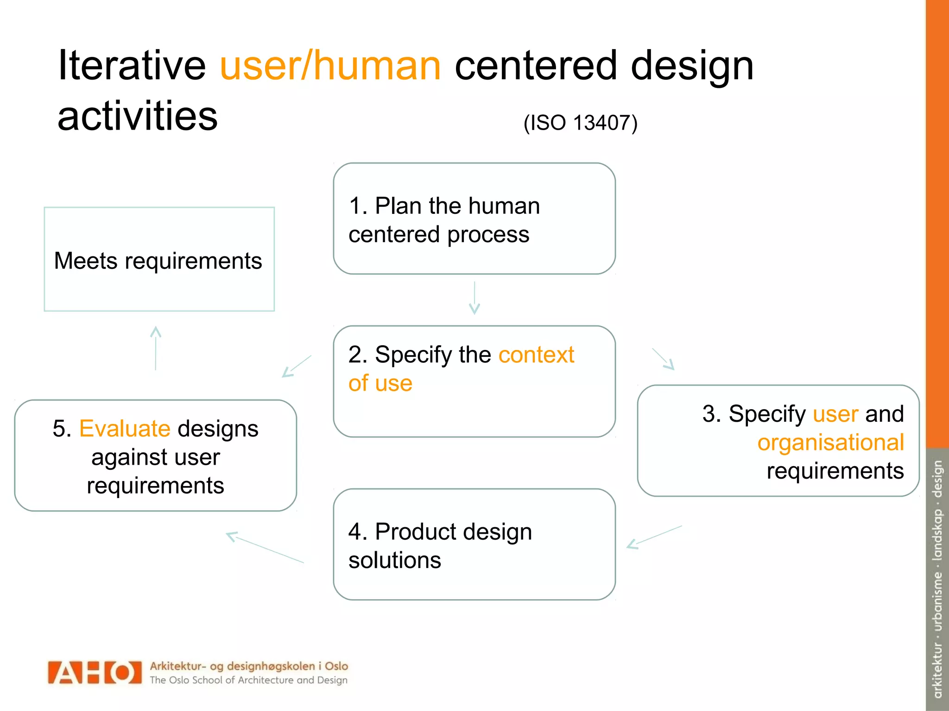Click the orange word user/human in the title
pyautogui.click(x=330, y=66)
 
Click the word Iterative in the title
pyautogui.click(x=132, y=66)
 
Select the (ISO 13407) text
pyautogui.click(x=580, y=123)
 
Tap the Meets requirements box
pyautogui.click(x=159, y=260)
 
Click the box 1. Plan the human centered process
pyautogui.click(x=474, y=219)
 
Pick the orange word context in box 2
pyautogui.click(x=536, y=355)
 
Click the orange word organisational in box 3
pyautogui.click(x=830, y=443)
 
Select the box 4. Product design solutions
pyautogui.click(x=474, y=545)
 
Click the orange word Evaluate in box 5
pyautogui.click(x=125, y=429)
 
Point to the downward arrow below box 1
pyautogui.click(x=474, y=298)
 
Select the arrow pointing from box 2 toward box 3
pyautogui.click(x=664, y=359)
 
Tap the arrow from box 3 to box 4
pyautogui.click(x=654, y=537)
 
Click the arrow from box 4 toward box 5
pyautogui.click(x=265, y=548)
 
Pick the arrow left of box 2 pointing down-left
pyautogui.click(x=297, y=366)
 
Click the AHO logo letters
pyautogui.click(x=95, y=673)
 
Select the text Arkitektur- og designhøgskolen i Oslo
pyautogui.click(x=249, y=666)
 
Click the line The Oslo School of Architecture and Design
pyautogui.click(x=248, y=680)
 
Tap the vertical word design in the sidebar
pyautogui.click(x=937, y=479)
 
